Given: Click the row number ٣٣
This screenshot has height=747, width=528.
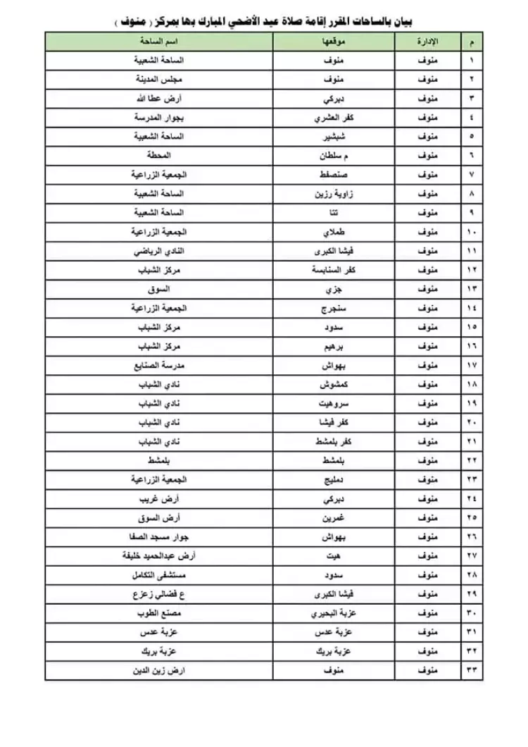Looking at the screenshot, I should (472, 670).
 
